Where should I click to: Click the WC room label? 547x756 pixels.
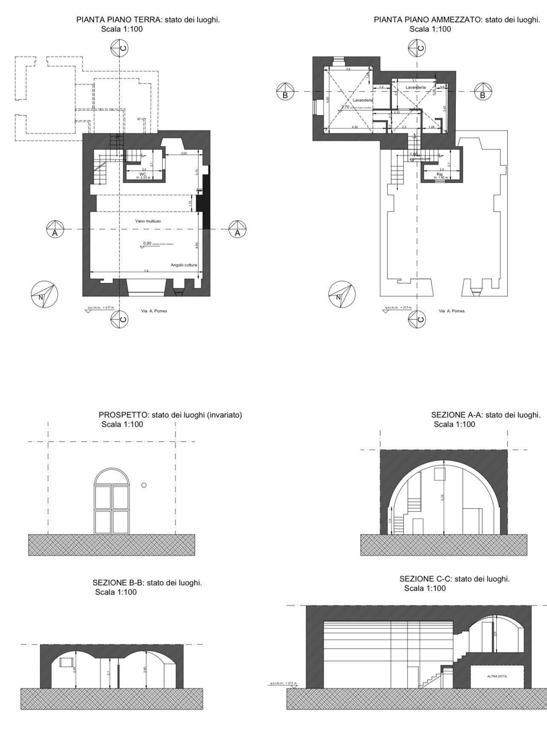click(143, 174)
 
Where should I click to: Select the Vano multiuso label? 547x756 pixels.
click(148, 221)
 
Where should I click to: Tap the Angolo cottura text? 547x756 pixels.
click(184, 265)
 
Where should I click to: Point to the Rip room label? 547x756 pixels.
click(440, 174)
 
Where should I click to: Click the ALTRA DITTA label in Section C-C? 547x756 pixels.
click(497, 676)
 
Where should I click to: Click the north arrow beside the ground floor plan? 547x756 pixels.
click(44, 294)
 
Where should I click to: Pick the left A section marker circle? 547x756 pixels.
click(55, 229)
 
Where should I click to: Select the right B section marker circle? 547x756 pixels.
click(483, 92)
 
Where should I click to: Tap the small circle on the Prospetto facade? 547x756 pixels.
click(144, 485)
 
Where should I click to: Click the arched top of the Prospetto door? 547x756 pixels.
click(111, 476)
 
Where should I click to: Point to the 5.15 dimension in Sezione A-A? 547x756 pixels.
click(443, 497)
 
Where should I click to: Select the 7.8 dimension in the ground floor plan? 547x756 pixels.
click(146, 271)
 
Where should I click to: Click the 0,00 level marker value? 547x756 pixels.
click(147, 243)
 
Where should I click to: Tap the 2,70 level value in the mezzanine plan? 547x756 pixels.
click(345, 107)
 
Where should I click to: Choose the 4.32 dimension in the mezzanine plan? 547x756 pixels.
click(354, 127)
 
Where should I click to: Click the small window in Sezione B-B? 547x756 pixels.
click(66, 662)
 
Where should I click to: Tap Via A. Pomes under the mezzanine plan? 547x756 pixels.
click(452, 311)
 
